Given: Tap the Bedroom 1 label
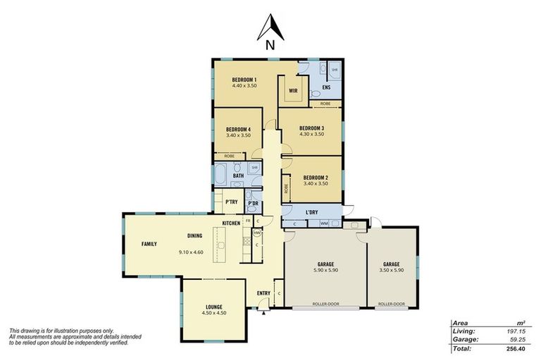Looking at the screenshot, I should pyautogui.click(x=244, y=80).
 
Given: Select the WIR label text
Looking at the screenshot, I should pyautogui.click(x=292, y=90).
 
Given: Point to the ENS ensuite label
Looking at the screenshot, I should pyautogui.click(x=325, y=87).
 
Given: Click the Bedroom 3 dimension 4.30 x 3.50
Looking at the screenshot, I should pyautogui.click(x=311, y=134).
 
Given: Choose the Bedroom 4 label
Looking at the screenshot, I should pyautogui.click(x=239, y=129).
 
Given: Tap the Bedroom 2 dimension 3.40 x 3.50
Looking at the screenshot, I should pyautogui.click(x=315, y=183).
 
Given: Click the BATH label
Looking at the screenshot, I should pyautogui.click(x=228, y=176).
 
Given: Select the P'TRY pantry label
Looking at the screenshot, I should pyautogui.click(x=231, y=202).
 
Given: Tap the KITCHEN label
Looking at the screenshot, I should pyautogui.click(x=232, y=223).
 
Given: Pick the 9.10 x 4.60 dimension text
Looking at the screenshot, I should pyautogui.click(x=191, y=252).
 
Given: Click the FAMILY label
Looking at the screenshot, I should pyautogui.click(x=149, y=244).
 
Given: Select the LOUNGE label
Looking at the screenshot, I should pyautogui.click(x=214, y=307).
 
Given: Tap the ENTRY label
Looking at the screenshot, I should pyautogui.click(x=263, y=293).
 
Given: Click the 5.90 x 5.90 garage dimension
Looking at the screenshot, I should pyautogui.click(x=325, y=270).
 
